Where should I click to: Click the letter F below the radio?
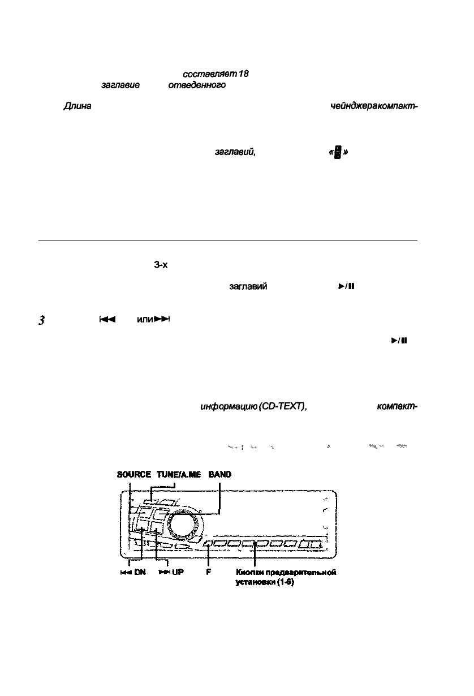pos(208,572)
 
